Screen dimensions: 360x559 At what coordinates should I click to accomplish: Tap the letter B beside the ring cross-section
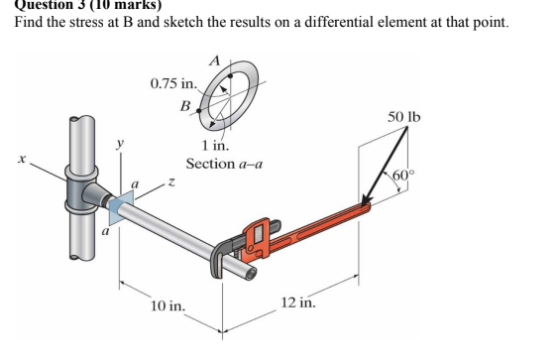point(185,104)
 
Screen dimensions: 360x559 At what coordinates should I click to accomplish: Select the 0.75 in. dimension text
point(173,83)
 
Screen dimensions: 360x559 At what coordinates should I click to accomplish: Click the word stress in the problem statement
point(75,22)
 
